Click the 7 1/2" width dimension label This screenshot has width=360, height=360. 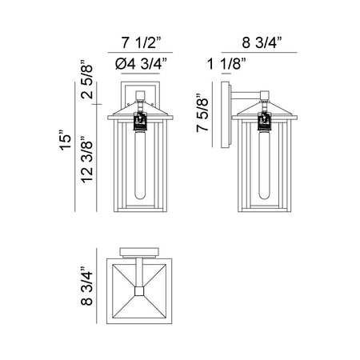tap(142, 42)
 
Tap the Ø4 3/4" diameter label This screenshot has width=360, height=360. tap(141, 64)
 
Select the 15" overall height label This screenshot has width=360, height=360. tap(66, 141)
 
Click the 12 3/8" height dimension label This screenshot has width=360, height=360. tap(87, 159)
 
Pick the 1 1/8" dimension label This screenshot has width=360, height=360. tap(226, 64)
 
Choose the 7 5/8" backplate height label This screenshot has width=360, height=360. tap(202, 113)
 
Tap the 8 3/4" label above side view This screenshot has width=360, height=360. tap(262, 42)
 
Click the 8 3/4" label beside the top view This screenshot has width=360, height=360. tap(87, 286)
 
